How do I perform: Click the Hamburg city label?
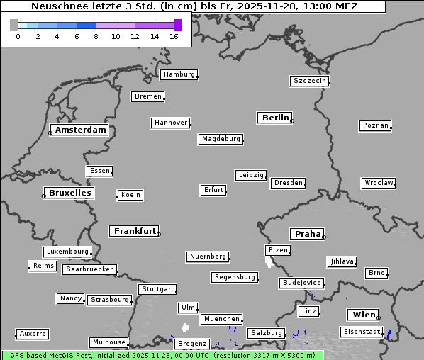(178, 74)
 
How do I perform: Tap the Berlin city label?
(275, 118)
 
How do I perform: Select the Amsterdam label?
(80, 130)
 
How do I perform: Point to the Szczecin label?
(310, 81)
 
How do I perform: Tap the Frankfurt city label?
(135, 231)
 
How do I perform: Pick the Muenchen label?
(222, 320)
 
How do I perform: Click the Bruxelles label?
(69, 193)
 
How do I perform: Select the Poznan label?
(375, 125)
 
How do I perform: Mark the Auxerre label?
(33, 333)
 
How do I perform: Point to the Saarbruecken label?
(89, 269)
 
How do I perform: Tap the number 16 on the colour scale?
(174, 36)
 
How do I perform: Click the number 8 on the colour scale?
(96, 36)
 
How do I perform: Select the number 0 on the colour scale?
(18, 36)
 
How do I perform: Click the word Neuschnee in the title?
(57, 6)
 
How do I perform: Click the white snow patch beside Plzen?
(269, 261)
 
